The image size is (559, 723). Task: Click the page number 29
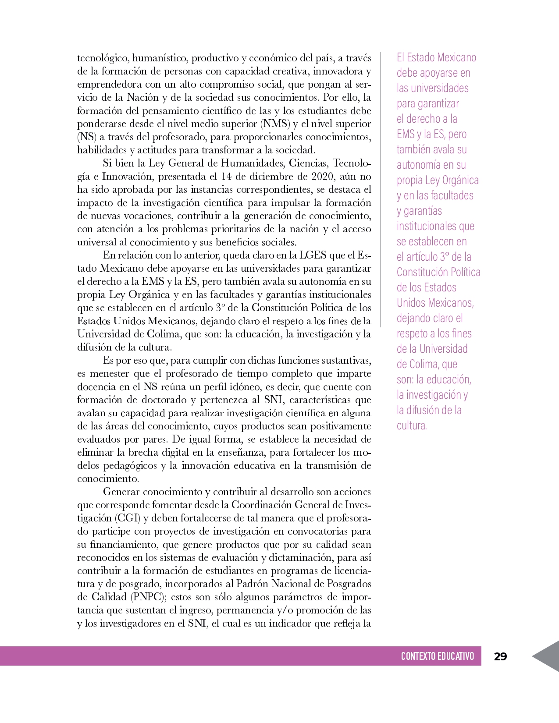500,656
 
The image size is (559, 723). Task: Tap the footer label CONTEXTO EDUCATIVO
437,656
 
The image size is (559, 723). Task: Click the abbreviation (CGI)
128,518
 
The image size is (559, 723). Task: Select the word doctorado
168,400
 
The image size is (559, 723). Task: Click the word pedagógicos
130,466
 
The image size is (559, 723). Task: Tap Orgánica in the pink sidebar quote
460,180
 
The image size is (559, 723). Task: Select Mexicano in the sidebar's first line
456,57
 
